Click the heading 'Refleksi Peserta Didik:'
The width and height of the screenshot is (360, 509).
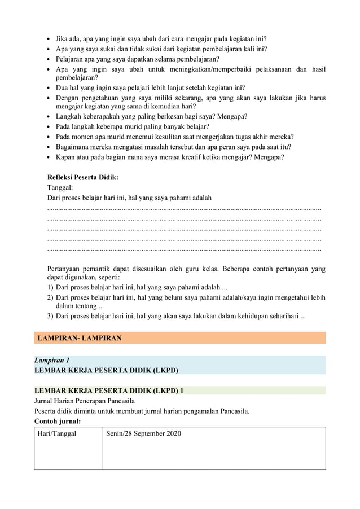point(82,178)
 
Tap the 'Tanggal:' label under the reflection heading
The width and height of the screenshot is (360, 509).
point(60,188)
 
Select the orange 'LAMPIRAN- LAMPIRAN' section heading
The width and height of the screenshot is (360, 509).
point(79,338)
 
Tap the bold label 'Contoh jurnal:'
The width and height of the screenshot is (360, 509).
point(58,421)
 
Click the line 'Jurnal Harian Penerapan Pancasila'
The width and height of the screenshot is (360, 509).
point(87,401)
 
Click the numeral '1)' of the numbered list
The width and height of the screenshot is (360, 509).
point(50,288)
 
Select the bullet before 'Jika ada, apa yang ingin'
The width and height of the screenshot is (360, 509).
point(49,40)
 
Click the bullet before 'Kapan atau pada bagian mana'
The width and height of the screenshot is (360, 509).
point(49,157)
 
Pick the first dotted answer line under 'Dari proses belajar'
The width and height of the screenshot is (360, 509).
point(184,209)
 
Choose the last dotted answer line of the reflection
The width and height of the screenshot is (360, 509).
point(184,249)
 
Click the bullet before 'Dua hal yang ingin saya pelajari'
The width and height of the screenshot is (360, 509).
point(49,88)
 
